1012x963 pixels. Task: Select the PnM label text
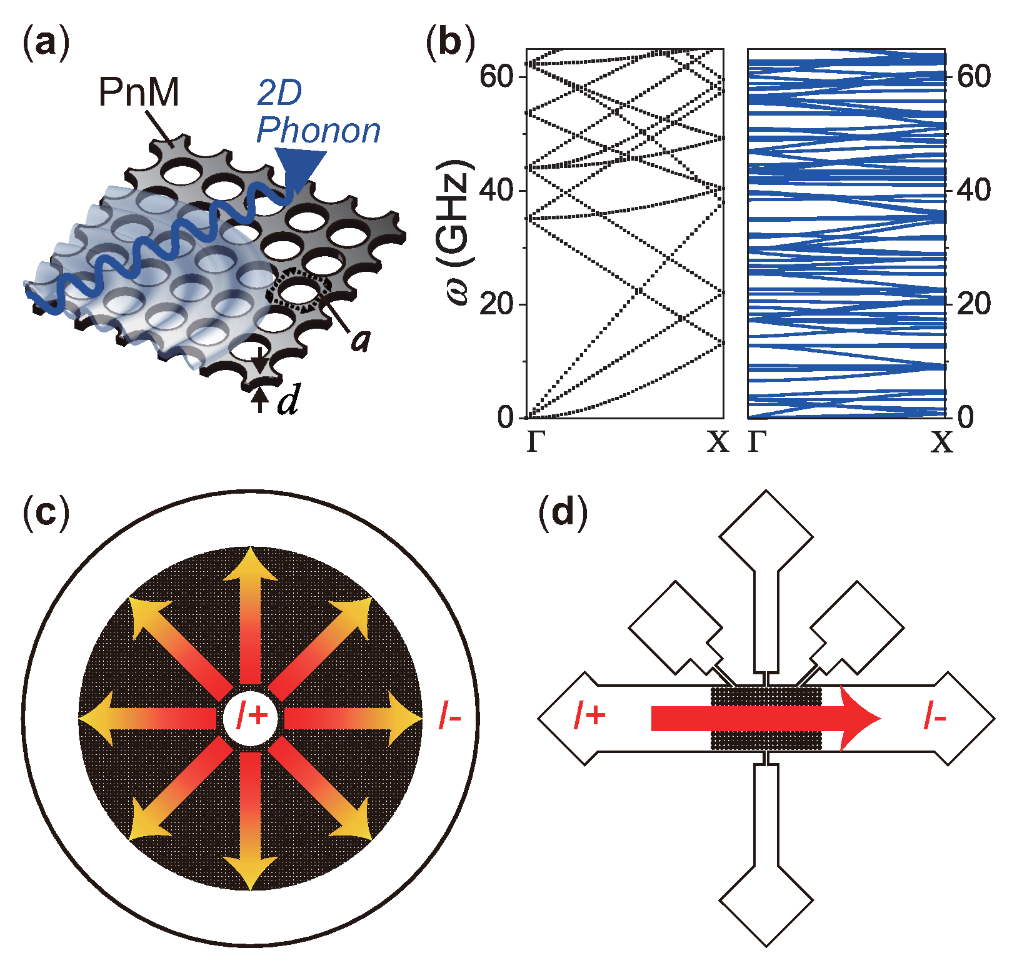(139, 92)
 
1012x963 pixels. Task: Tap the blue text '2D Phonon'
(318, 112)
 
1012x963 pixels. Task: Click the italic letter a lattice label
(361, 341)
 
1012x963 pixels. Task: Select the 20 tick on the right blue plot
(973, 304)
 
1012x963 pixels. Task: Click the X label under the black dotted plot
(718, 442)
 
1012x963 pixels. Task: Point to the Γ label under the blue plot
(757, 442)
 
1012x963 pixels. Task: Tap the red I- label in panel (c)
(450, 716)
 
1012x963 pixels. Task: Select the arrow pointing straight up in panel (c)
(250, 616)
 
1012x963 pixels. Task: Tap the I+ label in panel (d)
(590, 715)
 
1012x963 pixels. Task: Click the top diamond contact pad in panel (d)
(766, 537)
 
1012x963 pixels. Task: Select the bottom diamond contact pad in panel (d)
(766, 901)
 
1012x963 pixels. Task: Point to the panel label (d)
(563, 513)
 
